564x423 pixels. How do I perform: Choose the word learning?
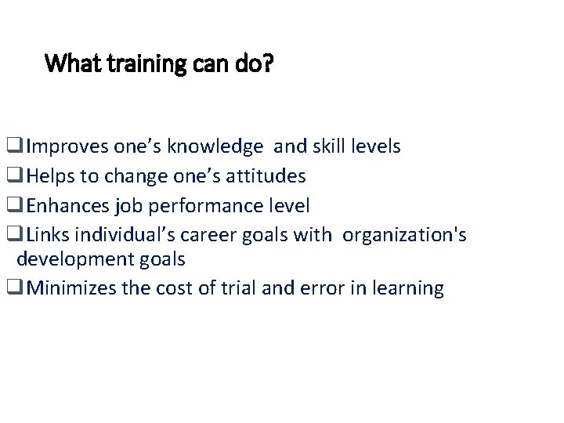pyautogui.click(x=406, y=288)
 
